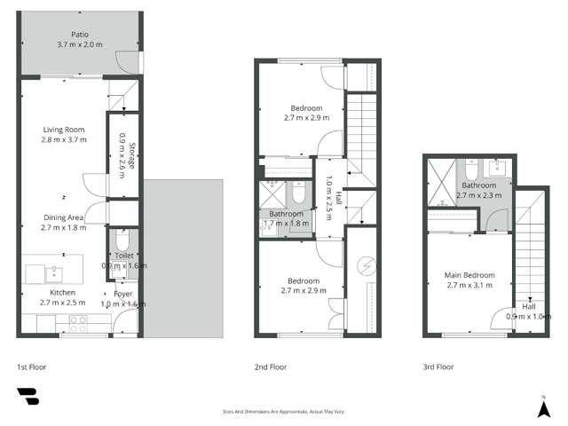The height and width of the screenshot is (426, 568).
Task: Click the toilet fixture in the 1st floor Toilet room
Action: click(122, 241)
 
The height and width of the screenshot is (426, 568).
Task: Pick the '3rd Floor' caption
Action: click(438, 367)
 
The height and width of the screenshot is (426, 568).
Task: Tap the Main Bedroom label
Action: click(469, 275)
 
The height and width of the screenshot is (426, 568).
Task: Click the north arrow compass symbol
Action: click(542, 407)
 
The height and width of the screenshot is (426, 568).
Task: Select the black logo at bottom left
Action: click(28, 397)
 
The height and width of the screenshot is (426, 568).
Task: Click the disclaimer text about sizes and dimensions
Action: click(284, 411)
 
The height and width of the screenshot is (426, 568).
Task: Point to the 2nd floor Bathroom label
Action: click(287, 214)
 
